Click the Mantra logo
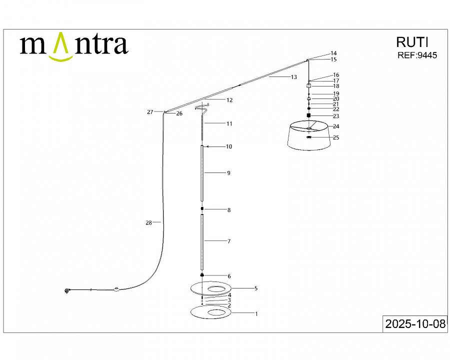73,46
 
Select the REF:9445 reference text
416,55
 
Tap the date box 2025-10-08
414,324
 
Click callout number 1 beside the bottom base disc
256,314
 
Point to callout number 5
255,288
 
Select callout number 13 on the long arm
293,77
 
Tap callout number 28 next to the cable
148,223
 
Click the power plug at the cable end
67,290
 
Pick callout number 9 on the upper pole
228,173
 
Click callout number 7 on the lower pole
228,241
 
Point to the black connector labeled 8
202,209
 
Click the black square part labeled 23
309,115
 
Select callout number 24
336,126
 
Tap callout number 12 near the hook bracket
229,100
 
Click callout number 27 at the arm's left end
150,112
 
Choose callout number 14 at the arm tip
333,53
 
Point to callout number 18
336,86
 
